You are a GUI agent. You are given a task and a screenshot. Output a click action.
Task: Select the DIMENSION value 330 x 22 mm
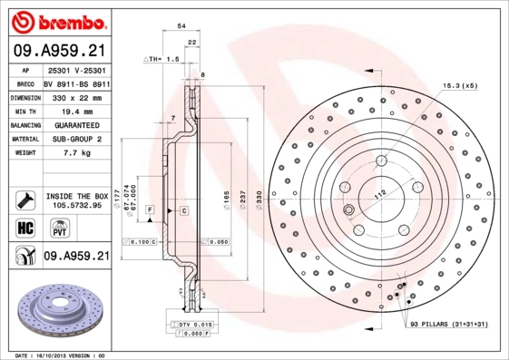(x=77, y=95)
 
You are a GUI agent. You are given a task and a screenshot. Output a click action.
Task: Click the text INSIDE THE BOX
(x=77, y=195)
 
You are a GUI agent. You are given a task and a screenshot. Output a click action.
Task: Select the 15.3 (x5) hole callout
(x=459, y=85)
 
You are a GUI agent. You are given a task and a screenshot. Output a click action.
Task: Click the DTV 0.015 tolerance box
(x=193, y=325)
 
